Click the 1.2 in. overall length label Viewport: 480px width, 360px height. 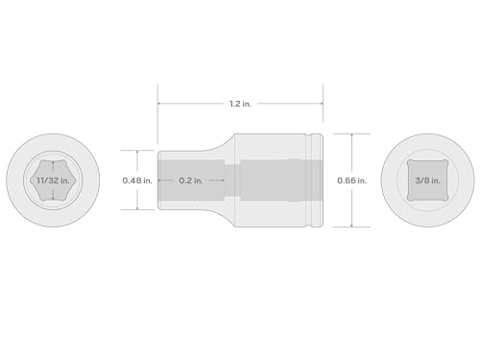coord(240,104)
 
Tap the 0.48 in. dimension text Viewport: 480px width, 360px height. coord(137,180)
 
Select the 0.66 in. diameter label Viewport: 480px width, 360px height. coord(351,180)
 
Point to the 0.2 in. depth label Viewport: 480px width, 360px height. coord(191,180)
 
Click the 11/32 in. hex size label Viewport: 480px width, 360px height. coord(53,180)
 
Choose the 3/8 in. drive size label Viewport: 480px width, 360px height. coord(427,180)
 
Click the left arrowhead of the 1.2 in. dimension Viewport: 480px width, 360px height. coord(159,104)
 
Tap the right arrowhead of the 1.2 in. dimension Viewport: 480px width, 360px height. coord(321,104)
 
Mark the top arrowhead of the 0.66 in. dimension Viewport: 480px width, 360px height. coord(352,135)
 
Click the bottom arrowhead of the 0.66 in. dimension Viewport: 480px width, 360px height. coord(352,225)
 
